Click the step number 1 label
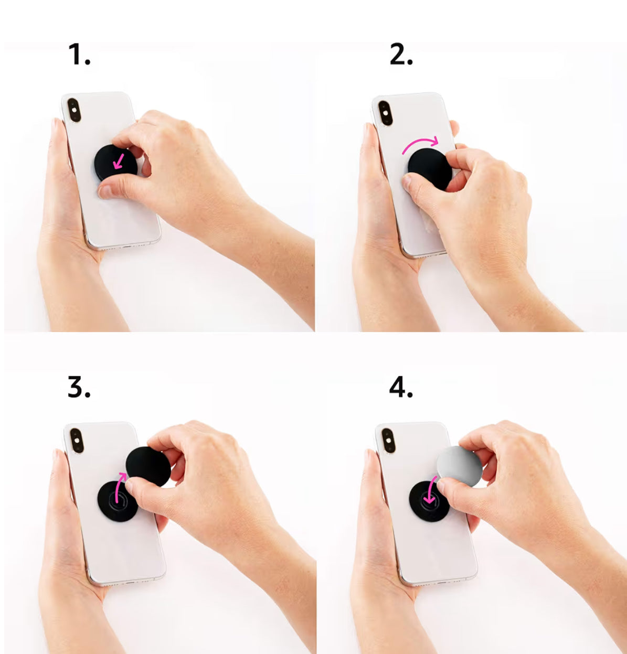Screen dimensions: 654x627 point(79,55)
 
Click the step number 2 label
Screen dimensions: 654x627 point(401,55)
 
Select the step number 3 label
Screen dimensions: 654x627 point(79,388)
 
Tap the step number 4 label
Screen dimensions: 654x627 point(401,388)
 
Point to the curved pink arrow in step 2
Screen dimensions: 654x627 point(420,145)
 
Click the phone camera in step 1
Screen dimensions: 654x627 point(74,110)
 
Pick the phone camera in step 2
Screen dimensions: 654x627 point(385,113)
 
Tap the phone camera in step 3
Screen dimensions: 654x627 point(77,441)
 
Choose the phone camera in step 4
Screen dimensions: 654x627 point(388,441)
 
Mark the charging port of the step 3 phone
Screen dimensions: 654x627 point(127,582)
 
